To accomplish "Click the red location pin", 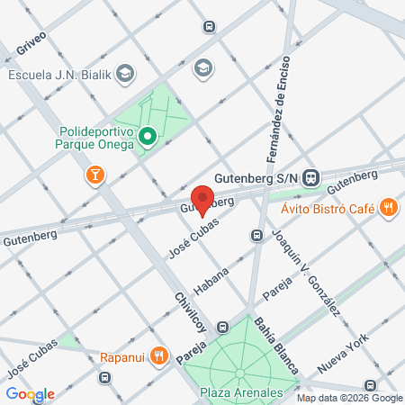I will coord(203,200).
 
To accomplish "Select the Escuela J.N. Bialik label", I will coord(59,74).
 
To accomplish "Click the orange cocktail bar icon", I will coord(94,174).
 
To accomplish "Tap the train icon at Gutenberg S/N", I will coord(311,177).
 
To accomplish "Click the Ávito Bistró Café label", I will coord(328,209).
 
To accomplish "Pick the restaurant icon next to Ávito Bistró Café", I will coord(389,208).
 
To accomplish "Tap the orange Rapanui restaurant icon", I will coord(158,354).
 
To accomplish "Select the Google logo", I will coord(30,394).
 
